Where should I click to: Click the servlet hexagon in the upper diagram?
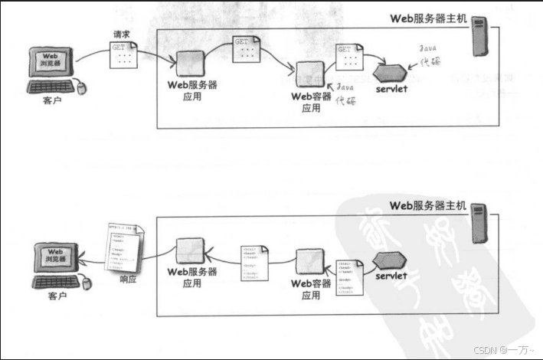[391, 73]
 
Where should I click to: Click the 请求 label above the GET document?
[122, 34]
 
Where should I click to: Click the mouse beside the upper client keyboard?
[86, 88]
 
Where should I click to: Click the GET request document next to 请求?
[124, 56]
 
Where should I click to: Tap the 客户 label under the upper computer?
[52, 101]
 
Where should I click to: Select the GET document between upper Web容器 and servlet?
[348, 57]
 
